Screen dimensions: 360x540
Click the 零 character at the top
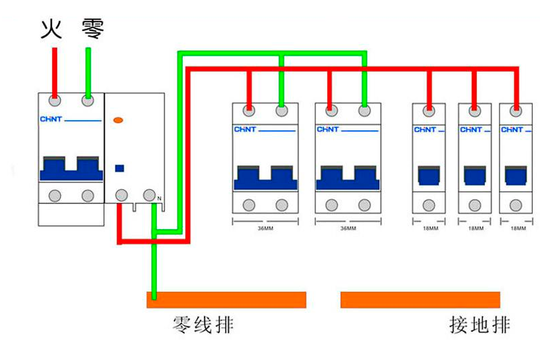coord(92,29)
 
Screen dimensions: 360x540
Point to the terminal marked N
coord(150,195)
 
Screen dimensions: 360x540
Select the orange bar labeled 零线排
coord(226,299)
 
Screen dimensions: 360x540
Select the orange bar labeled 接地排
coord(420,299)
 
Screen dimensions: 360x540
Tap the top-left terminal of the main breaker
coord(55,101)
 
